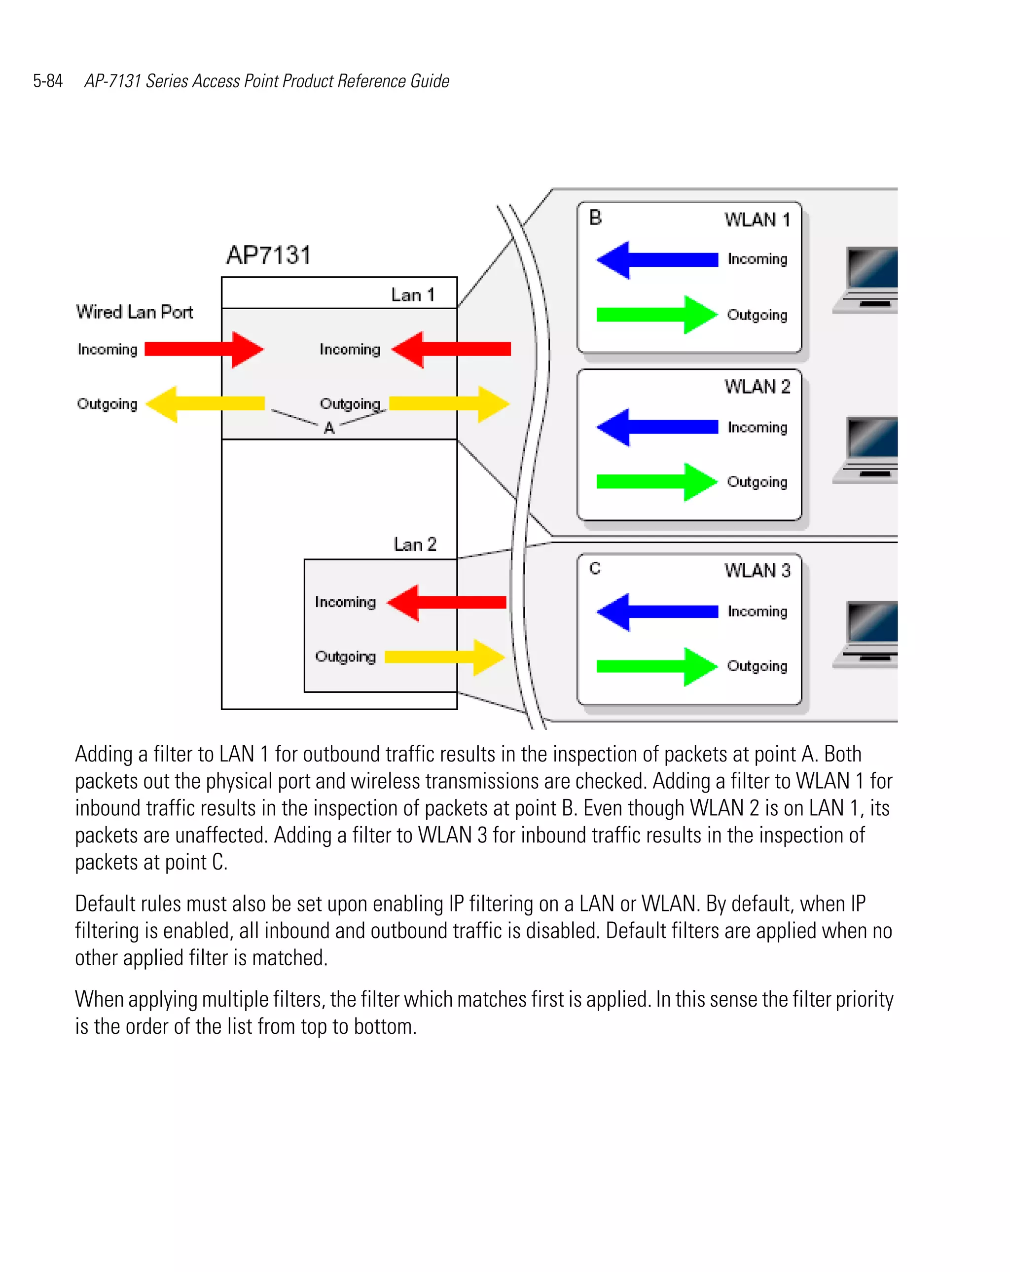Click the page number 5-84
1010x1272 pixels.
(x=48, y=81)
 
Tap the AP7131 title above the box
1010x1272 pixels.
(x=268, y=255)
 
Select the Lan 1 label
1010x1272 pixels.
(x=413, y=294)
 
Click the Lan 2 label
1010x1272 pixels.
(x=415, y=544)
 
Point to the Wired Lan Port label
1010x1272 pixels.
(x=135, y=312)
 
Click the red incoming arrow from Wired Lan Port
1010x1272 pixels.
(x=204, y=349)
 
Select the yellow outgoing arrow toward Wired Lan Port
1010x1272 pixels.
(x=204, y=404)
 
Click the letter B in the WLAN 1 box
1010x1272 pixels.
(x=595, y=218)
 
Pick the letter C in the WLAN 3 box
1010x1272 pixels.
(x=595, y=568)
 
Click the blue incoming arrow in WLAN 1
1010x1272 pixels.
(x=656, y=259)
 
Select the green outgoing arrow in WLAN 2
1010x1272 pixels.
(x=656, y=482)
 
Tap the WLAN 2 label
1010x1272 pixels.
(x=757, y=387)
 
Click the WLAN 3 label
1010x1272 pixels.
(x=757, y=571)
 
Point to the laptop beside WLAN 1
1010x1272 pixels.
(x=866, y=280)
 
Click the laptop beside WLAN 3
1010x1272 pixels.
(x=866, y=634)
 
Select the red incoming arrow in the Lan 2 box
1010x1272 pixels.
(x=446, y=602)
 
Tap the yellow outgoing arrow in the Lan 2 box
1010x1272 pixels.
(x=444, y=656)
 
